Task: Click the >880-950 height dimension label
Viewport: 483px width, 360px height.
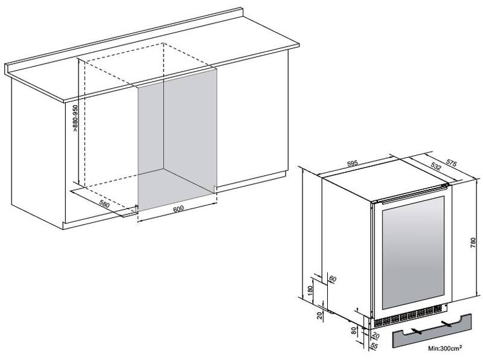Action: point(75,119)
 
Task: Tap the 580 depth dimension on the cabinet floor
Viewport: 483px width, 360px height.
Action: point(104,204)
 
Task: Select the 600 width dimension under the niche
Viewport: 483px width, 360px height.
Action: point(178,208)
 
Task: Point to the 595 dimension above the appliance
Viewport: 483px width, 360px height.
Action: point(353,163)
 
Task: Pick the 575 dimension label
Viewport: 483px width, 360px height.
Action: point(451,163)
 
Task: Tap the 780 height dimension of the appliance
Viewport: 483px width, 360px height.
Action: point(473,243)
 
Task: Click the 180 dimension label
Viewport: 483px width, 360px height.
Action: point(310,290)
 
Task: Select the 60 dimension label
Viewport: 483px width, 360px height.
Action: point(333,279)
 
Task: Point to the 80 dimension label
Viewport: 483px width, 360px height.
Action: point(354,331)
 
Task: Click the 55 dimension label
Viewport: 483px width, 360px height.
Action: point(374,346)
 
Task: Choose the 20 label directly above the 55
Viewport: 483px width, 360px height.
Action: point(376,336)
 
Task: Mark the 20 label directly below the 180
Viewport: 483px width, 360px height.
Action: point(319,315)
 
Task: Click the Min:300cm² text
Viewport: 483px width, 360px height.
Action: point(445,349)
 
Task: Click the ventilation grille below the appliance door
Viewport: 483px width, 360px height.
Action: point(408,318)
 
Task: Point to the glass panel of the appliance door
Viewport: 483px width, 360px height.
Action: point(414,251)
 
